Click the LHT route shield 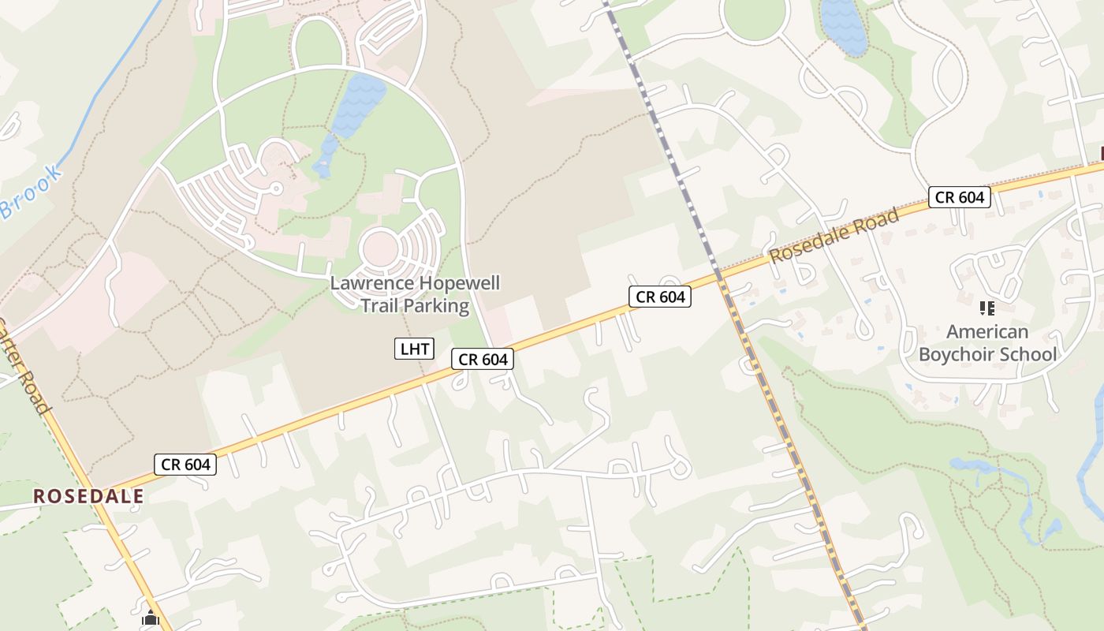coord(415,348)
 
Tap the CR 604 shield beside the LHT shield coord(483,360)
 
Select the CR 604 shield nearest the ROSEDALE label coord(186,465)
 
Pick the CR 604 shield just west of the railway coord(660,297)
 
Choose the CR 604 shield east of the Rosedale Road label coord(959,197)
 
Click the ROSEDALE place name coord(88,496)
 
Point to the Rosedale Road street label coord(834,235)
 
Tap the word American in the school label coord(987,331)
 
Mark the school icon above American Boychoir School coord(987,308)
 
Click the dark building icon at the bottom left coord(151,619)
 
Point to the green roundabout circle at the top coord(755,16)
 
